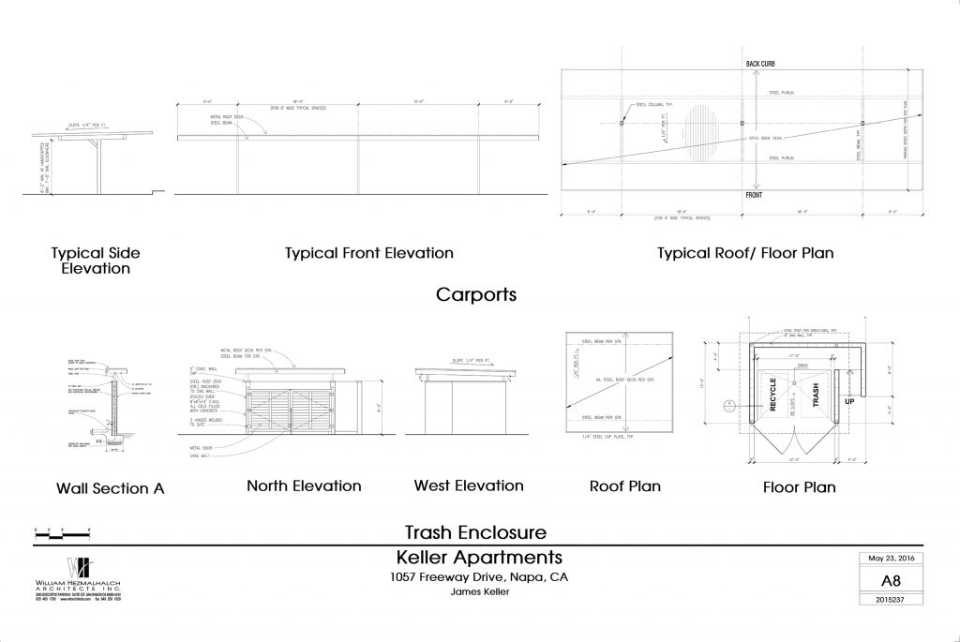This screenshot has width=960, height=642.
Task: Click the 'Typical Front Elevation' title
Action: tap(368, 253)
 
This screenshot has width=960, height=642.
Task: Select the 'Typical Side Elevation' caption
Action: tap(91, 261)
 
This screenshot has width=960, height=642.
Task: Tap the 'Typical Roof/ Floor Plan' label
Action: tap(744, 253)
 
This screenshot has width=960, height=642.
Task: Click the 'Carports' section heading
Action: tap(477, 295)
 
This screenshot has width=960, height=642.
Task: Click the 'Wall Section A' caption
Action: tap(102, 488)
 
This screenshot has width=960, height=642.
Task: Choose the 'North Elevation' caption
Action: tap(304, 485)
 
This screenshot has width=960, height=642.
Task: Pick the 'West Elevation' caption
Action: tap(469, 485)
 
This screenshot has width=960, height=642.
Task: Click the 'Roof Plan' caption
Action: tap(624, 485)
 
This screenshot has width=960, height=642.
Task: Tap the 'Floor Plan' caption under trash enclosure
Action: tap(799, 486)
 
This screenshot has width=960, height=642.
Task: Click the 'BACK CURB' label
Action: tap(760, 64)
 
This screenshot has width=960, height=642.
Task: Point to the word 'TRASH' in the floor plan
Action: tap(816, 397)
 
